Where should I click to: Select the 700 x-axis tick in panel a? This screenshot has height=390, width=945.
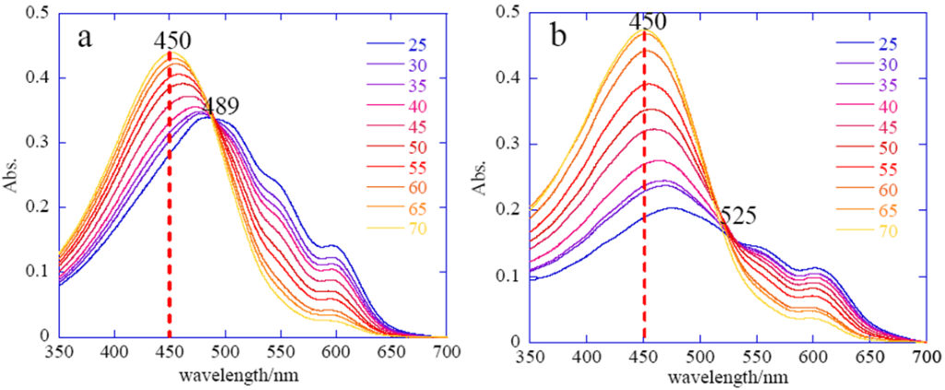(x=447, y=352)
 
